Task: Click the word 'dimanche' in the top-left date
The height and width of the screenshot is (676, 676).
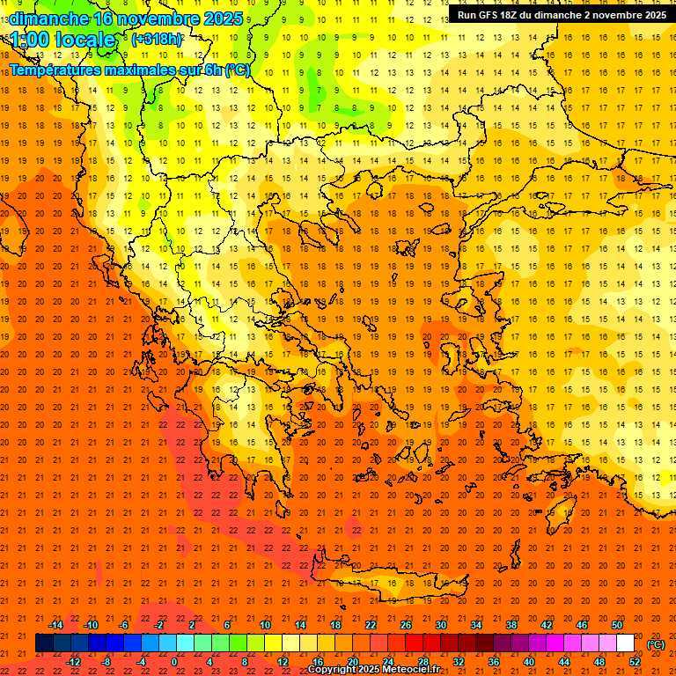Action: point(48,18)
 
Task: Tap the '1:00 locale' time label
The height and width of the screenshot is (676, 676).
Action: point(62,40)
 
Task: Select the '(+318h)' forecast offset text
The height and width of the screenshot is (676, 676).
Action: point(157,40)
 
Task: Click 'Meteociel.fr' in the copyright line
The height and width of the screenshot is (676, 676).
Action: point(422,670)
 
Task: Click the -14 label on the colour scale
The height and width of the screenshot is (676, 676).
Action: point(56,625)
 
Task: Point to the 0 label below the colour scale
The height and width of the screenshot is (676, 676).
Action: point(174,662)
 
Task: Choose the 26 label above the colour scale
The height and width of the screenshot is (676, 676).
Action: point(406,625)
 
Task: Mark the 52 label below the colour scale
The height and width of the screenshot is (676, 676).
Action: point(635,662)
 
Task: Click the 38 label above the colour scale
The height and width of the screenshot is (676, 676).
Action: point(511,625)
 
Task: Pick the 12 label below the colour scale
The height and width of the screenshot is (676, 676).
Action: point(283,662)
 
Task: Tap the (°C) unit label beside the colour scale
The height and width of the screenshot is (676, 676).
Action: point(656,644)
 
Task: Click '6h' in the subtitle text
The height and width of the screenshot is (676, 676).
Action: point(213,70)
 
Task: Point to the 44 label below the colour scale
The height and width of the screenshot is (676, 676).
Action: point(564,662)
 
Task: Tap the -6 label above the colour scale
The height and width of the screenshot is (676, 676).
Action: point(124,625)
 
